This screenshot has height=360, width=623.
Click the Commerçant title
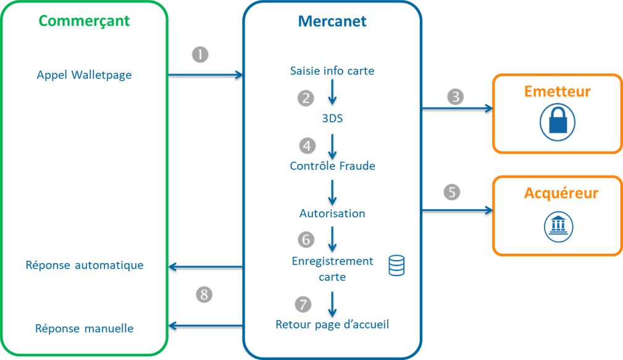[x=84, y=21]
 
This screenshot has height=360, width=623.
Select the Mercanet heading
[x=332, y=21]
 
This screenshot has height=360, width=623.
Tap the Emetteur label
[x=557, y=92]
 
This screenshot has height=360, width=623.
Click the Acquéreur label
[x=561, y=193]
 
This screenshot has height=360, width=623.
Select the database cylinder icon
[x=396, y=266]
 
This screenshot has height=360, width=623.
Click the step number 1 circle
[x=200, y=54]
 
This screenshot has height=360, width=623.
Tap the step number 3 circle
[x=455, y=97]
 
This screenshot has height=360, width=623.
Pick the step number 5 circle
[x=452, y=192]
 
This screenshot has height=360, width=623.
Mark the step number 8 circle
[x=204, y=295]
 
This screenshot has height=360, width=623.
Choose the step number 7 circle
[x=303, y=304]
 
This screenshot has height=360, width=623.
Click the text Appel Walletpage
[x=84, y=75]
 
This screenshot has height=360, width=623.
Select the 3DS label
[x=332, y=119]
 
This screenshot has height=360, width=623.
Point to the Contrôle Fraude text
[x=332, y=166]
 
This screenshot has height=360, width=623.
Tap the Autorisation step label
[x=332, y=214]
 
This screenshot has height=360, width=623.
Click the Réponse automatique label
[x=84, y=266]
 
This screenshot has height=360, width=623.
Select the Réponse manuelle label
[x=84, y=329]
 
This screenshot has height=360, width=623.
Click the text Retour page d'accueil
[x=332, y=324]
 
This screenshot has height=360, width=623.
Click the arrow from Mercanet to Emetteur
[x=457, y=109]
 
